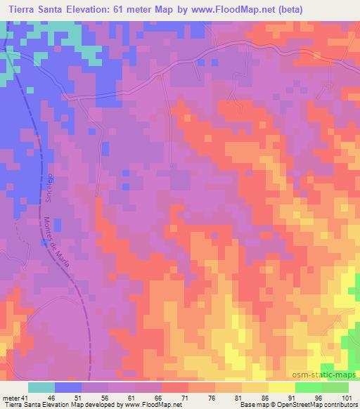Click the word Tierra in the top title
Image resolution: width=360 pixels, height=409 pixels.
click(x=23, y=9)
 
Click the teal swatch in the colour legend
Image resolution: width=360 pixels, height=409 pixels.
click(x=41, y=387)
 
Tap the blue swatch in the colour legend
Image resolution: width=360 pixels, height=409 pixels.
click(x=68, y=387)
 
